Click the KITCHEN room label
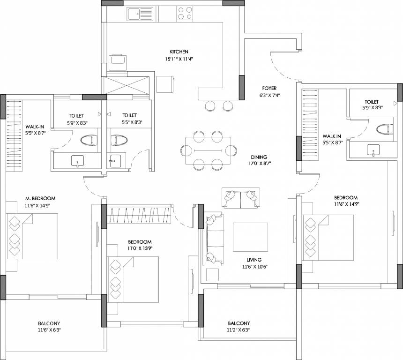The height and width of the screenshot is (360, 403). click(179, 52)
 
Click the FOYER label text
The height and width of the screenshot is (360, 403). click(269, 88)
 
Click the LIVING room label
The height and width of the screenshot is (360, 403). click(254, 260)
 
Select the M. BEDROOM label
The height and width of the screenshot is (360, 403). click(41, 197)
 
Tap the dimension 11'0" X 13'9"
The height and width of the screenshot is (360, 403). click(140, 248)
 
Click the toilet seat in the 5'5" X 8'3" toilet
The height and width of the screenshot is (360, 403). click(118, 140)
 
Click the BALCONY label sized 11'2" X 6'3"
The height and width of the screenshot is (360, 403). click(239, 323)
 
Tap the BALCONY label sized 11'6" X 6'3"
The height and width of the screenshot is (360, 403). click(49, 323)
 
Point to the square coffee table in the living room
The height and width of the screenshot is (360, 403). click(250, 237)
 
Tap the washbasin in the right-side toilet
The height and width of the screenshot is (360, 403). click(373, 150)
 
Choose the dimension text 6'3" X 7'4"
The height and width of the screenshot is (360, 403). click(269, 95)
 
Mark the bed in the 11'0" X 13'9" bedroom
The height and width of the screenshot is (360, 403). click(133, 277)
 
